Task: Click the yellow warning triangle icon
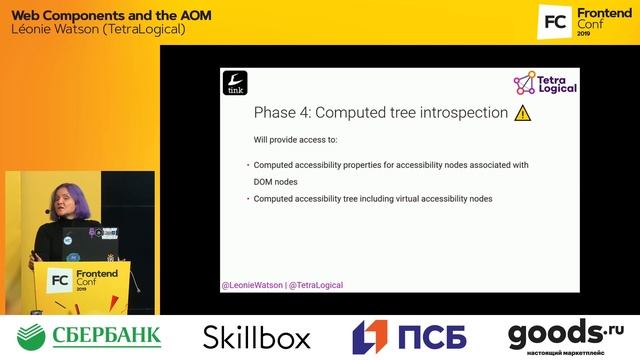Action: coord(522,113)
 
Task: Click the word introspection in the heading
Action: coord(459,113)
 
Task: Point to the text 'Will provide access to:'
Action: coord(295,139)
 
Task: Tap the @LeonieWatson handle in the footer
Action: coord(252,285)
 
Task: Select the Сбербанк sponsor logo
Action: coord(90,336)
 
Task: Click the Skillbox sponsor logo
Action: coord(256,337)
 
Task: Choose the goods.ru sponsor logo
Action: coord(566,336)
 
